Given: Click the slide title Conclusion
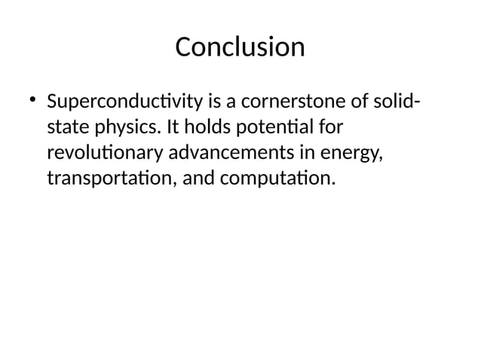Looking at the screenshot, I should (x=240, y=47).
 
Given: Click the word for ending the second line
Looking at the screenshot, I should (x=330, y=127).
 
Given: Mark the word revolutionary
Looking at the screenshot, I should (x=105, y=154).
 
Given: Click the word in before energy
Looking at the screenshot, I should (x=309, y=154).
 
